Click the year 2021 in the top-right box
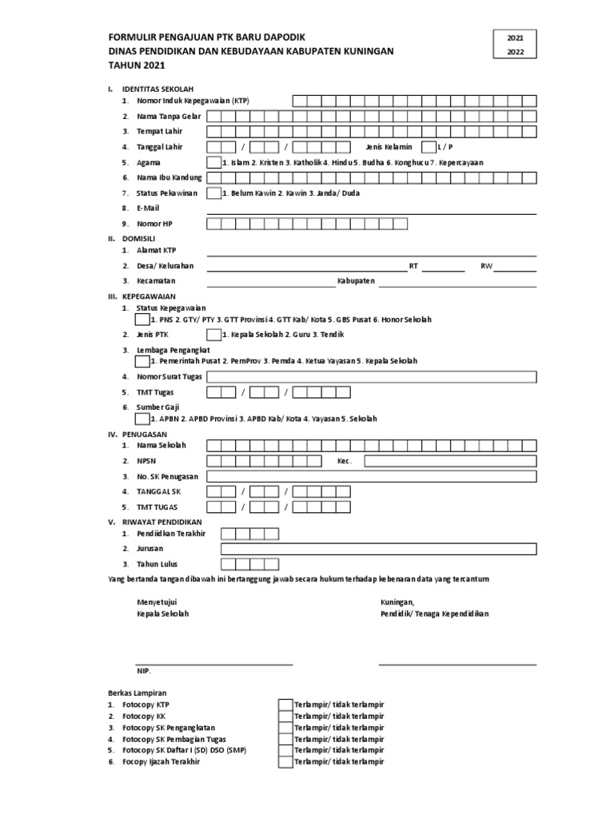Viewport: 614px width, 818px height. coord(516,38)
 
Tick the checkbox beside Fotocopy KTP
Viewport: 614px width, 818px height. coord(285,705)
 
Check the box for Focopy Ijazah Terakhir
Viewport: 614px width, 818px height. coord(285,762)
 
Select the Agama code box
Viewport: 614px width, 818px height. coord(213,162)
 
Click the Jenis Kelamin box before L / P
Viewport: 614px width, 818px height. coord(428,147)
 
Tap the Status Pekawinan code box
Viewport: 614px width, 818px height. coord(213,193)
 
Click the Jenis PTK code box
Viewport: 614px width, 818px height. coord(213,334)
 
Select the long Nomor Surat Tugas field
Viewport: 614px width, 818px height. coord(371,376)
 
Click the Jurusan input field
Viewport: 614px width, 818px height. coord(378,549)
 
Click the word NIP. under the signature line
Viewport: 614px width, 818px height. coord(144,671)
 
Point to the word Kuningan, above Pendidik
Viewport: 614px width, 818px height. coord(397,602)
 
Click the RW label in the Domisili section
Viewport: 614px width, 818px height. coord(485,266)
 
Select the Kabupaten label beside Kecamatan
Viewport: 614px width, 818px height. coord(356,281)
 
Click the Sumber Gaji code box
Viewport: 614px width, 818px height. coord(142,419)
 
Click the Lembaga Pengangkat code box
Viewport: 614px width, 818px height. coord(142,361)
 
